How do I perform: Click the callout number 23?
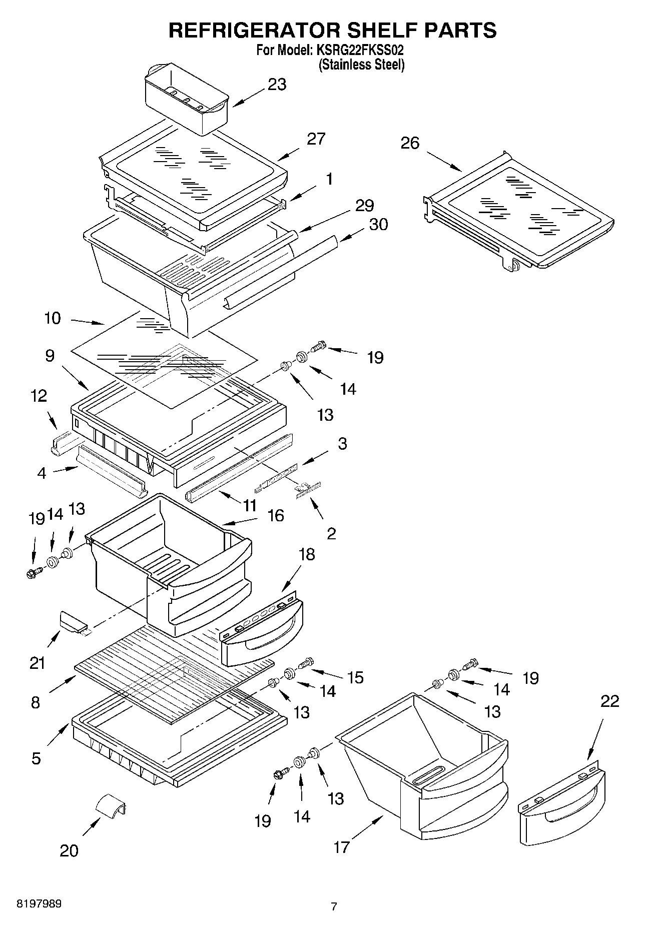(277, 85)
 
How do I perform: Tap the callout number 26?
(410, 143)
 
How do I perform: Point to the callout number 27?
(316, 139)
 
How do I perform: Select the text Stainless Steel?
(362, 65)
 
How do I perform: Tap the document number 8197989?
(40, 904)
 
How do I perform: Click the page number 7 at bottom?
(334, 906)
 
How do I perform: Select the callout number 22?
(609, 701)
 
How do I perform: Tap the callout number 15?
(355, 677)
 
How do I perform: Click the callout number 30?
(378, 224)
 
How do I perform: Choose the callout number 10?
(53, 318)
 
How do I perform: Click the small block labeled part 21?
(73, 622)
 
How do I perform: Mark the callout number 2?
(331, 533)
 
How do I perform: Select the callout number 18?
(307, 554)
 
